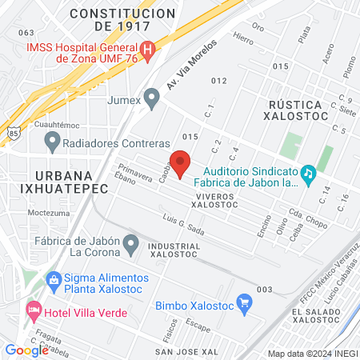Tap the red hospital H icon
click(158, 46)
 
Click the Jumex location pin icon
click(152, 100)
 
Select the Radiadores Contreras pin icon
click(53, 142)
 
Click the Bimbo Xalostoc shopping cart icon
click(246, 304)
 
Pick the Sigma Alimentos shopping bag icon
click(53, 279)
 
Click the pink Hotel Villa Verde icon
click(33, 308)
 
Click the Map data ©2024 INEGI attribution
click(311, 353)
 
